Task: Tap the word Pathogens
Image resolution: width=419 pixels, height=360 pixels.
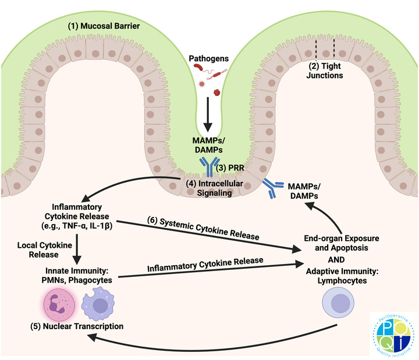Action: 209,59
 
